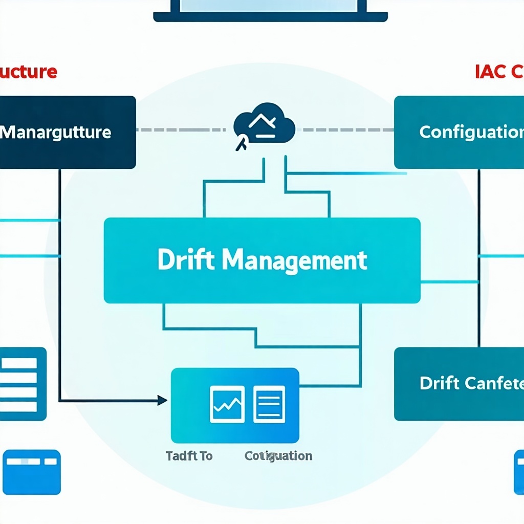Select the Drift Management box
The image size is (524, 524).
click(x=262, y=260)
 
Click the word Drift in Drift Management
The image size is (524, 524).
click(x=187, y=260)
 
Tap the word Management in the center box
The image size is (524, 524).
click(x=295, y=260)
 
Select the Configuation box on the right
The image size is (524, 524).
click(x=459, y=132)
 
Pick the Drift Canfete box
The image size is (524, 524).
click(x=459, y=384)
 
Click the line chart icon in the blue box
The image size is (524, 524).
click(x=227, y=404)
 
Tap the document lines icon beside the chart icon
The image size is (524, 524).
click(x=269, y=404)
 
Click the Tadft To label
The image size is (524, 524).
click(x=189, y=455)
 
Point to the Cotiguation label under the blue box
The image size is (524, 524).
click(x=278, y=455)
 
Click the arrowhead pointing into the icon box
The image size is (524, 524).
click(x=162, y=400)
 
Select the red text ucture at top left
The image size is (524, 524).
click(x=28, y=72)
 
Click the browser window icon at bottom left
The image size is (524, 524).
click(x=32, y=472)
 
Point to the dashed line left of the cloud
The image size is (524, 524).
click(x=182, y=130)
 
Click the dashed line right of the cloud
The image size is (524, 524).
click(x=348, y=130)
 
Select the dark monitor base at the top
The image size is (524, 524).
click(x=270, y=17)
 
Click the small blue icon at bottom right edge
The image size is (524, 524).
click(x=519, y=472)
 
